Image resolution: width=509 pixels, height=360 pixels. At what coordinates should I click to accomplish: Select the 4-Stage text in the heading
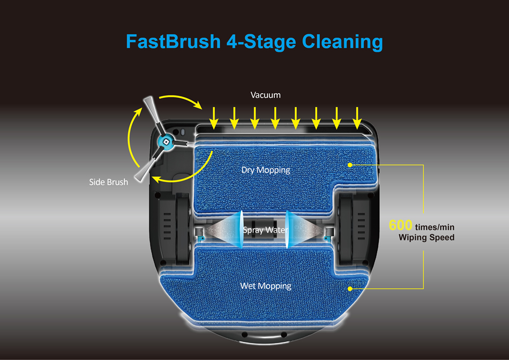(x=261, y=41)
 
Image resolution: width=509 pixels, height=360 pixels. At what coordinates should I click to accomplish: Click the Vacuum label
(x=265, y=95)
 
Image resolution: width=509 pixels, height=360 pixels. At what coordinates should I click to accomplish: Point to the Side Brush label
(x=108, y=182)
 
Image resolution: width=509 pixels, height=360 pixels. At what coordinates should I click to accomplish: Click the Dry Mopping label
(x=266, y=170)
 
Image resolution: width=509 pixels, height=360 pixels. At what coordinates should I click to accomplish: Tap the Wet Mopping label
(x=266, y=286)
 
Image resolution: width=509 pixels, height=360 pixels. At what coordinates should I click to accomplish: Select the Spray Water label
(x=266, y=230)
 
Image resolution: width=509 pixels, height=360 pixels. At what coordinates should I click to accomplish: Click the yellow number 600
(x=400, y=226)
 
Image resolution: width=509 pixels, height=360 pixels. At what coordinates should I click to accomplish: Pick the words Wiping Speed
(x=426, y=237)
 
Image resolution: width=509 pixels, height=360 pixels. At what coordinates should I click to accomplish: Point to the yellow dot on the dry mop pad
(x=350, y=164)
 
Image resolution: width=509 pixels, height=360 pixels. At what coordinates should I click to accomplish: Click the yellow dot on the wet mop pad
(x=350, y=289)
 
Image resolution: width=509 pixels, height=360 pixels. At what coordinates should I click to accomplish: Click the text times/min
(x=435, y=227)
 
